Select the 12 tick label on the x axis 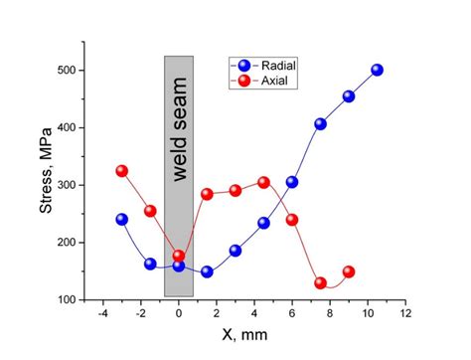point(404,314)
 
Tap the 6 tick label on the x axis point(292,314)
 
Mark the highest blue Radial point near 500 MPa point(377,71)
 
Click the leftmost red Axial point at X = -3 point(122,171)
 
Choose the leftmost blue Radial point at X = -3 point(122,219)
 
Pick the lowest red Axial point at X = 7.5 point(320,283)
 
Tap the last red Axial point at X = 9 point(349,271)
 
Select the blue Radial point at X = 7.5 point(320,124)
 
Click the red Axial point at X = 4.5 point(263,182)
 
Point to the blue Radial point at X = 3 point(235,251)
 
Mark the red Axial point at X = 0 point(179,256)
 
